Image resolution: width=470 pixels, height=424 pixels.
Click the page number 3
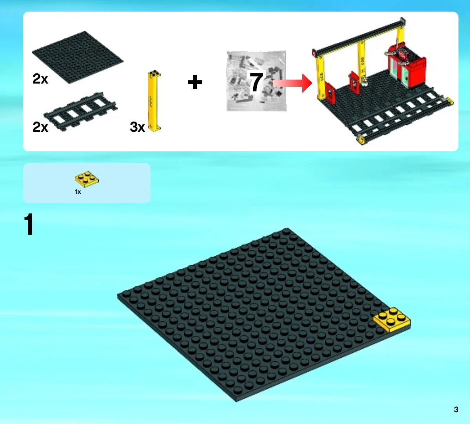click(x=456, y=409)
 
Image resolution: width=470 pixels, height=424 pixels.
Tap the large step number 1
click(x=29, y=224)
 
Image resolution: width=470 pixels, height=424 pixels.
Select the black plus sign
click(x=195, y=82)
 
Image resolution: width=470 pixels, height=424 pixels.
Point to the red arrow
click(x=292, y=83)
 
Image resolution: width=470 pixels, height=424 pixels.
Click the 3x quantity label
click(x=137, y=127)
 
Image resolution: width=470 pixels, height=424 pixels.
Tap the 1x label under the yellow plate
click(x=78, y=192)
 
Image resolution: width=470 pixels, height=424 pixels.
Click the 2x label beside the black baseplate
click(x=40, y=79)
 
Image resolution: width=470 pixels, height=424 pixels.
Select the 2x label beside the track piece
click(x=40, y=127)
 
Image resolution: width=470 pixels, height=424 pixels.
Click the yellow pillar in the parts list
click(x=154, y=101)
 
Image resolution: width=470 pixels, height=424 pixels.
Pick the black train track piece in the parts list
click(x=80, y=111)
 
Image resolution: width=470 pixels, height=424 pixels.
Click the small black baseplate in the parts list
click(x=78, y=57)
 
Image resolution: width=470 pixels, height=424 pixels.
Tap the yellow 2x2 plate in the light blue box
click(x=87, y=179)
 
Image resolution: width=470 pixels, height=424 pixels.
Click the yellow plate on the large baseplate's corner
click(x=392, y=320)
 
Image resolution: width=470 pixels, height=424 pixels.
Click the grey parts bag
click(x=256, y=81)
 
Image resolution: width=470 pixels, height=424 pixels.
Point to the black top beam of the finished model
click(x=359, y=37)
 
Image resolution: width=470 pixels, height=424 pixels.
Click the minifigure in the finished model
click(x=364, y=80)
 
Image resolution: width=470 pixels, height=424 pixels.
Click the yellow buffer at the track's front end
click(x=361, y=140)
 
